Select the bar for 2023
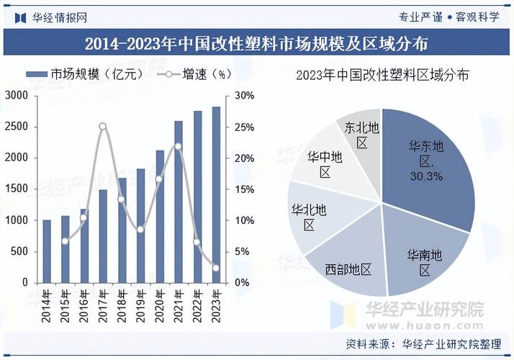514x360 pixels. pos(215,194)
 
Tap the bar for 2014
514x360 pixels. pos(47,251)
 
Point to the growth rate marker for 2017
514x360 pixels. pos(102,127)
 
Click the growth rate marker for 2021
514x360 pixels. pos(178,147)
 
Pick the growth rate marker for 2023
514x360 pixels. pos(215,269)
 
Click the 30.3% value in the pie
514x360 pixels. pos(427,176)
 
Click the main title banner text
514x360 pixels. pos(257,44)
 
